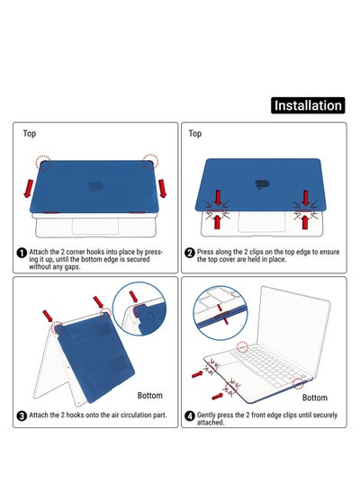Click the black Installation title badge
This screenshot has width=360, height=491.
point(308,105)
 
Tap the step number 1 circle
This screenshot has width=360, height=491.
point(22,253)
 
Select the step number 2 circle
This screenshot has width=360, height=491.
point(190,253)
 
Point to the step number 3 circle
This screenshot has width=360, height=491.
point(22,416)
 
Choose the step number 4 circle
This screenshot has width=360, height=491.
point(190,416)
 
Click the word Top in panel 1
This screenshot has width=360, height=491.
point(30,134)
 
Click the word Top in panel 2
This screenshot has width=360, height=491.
point(195,134)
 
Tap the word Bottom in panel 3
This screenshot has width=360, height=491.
point(149,396)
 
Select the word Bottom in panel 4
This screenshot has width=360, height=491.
point(315,397)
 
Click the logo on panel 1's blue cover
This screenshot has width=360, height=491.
point(96,186)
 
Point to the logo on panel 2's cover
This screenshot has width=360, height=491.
point(262,184)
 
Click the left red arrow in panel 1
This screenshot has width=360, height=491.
point(29,188)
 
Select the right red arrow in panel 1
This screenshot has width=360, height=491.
point(162,188)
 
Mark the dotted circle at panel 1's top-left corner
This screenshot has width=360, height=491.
point(43,163)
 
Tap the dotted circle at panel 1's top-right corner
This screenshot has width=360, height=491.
point(150,162)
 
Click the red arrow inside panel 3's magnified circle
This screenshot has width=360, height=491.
point(133,296)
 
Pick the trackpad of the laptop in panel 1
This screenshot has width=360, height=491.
point(95,226)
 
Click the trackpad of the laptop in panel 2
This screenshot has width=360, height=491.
point(262,221)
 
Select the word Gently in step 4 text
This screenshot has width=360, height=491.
point(206,415)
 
